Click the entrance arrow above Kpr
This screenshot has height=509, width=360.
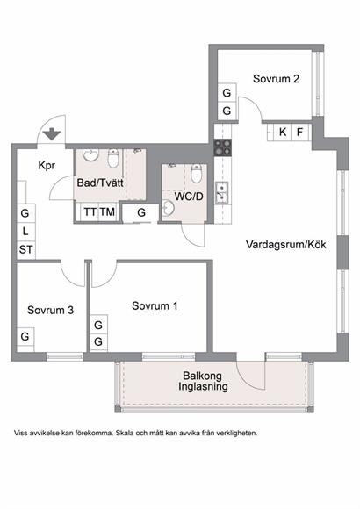tap(52, 134)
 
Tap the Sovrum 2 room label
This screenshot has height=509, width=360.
tap(276, 79)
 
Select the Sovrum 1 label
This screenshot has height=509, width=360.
tap(155, 305)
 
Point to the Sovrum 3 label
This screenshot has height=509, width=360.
tap(50, 310)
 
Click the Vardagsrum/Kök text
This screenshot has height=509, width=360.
tap(285, 245)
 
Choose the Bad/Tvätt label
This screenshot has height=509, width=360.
tap(100, 183)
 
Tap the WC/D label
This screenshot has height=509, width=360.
tap(189, 197)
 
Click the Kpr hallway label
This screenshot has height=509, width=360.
tap(47, 166)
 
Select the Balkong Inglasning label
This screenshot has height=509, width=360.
tap(203, 381)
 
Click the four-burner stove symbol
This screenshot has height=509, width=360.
tap(222, 147)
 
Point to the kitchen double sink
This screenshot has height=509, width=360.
tap(222, 192)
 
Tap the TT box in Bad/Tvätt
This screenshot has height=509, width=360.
tap(90, 212)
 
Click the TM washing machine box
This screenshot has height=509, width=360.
tap(107, 212)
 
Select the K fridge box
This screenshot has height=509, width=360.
tap(283, 133)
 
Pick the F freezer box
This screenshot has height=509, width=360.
tap(299, 133)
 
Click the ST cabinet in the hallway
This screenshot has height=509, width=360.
tap(25, 249)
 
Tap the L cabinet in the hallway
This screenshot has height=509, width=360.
tap(25, 232)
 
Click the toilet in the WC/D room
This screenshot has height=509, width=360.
tap(197, 174)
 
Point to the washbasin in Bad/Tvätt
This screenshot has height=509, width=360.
tap(90, 155)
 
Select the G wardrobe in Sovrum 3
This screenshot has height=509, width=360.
tap(25, 337)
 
